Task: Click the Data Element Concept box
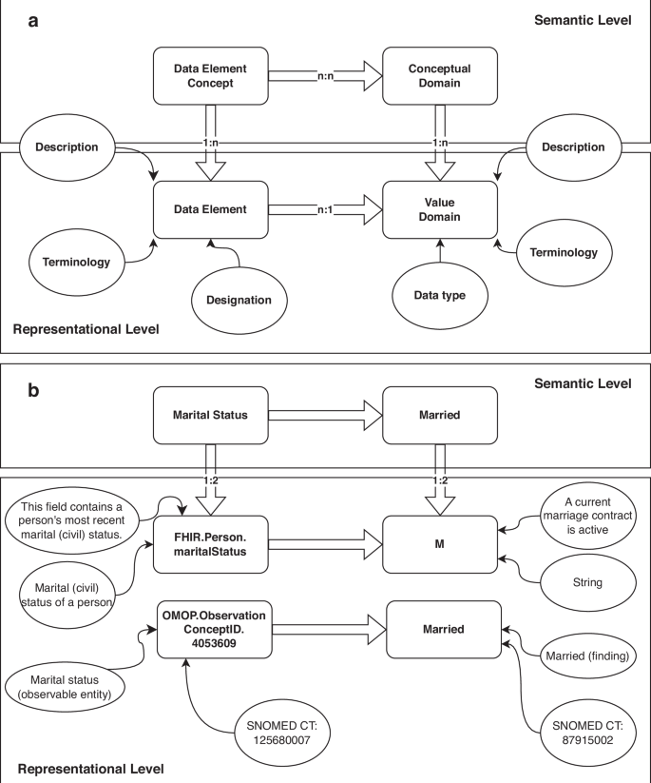coord(210,76)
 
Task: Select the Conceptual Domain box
coord(440,76)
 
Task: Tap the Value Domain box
coord(440,210)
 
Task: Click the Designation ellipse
coord(241,299)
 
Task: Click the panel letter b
coord(33,388)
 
